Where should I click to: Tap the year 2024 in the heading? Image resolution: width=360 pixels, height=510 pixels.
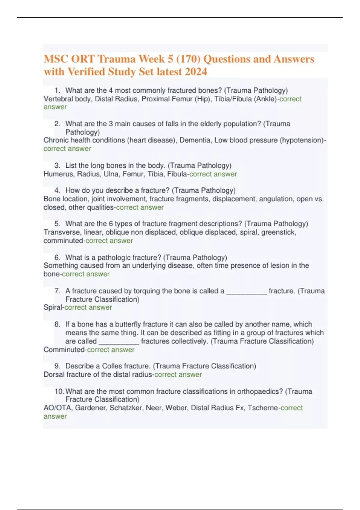point(196,72)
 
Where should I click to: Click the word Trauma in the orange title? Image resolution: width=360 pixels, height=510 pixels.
point(116,59)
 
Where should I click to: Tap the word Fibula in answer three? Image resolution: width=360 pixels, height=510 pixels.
point(177,174)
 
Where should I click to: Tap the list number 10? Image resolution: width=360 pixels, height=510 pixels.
point(59,391)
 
